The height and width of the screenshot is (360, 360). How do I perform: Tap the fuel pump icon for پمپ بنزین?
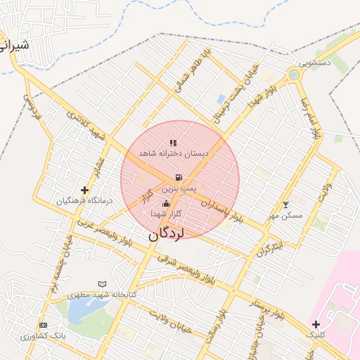click(177, 177)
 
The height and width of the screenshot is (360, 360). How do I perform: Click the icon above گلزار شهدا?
click(166, 204)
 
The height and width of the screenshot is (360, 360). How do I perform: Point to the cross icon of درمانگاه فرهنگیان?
click(85, 190)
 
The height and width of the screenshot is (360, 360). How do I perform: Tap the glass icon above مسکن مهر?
click(285, 205)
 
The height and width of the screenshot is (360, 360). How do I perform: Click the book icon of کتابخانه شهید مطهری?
click(103, 284)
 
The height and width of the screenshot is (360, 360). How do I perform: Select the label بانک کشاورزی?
click(43, 336)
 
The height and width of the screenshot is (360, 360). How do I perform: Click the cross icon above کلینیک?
click(316, 324)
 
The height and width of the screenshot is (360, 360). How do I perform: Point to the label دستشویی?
click(314, 63)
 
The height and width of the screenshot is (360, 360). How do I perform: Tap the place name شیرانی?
click(15, 47)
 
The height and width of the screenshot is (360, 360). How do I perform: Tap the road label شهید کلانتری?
click(86, 124)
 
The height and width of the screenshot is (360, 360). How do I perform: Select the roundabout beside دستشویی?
click(293, 75)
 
